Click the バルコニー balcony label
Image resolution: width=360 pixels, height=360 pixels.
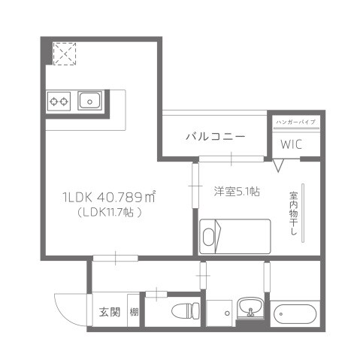click(215, 137)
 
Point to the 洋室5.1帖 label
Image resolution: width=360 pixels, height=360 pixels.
click(236, 192)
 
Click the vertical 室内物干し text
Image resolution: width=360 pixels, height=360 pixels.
click(293, 215)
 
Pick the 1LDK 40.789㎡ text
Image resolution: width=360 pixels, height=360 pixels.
click(108, 197)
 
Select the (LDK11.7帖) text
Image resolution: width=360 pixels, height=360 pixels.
click(109, 213)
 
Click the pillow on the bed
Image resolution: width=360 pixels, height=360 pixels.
click(209, 236)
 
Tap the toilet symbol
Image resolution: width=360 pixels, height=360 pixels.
click(183, 312)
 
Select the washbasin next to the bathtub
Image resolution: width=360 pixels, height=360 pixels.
click(249, 308)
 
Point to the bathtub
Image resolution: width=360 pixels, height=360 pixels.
click(295, 313)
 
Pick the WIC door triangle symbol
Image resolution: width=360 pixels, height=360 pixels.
click(280, 165)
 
